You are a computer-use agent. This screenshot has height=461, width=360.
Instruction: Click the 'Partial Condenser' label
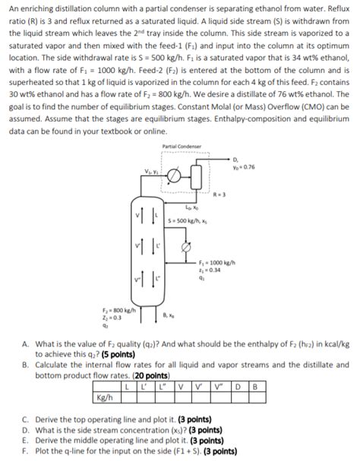[182, 146]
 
